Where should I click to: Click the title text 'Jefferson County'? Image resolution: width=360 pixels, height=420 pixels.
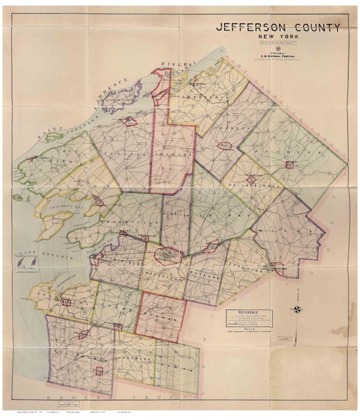tap(279, 27)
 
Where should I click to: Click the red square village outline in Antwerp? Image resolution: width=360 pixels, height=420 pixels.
tap(290, 165)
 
